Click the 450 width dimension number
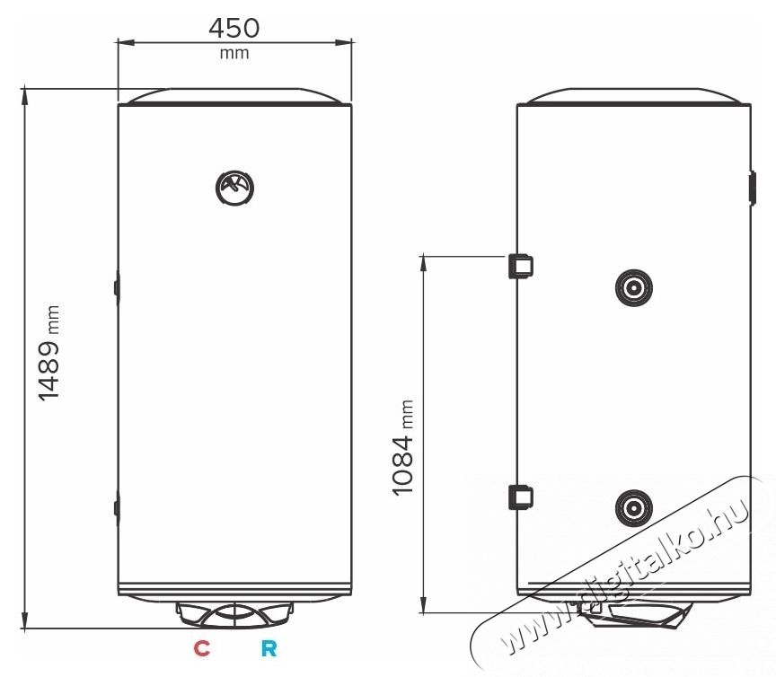click(234, 27)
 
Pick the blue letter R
click(268, 648)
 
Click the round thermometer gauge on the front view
click(234, 189)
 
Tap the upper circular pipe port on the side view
click(634, 287)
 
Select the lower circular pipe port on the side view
click(634, 507)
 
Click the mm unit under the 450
click(234, 53)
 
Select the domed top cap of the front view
click(234, 95)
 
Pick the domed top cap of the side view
click(634, 95)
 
